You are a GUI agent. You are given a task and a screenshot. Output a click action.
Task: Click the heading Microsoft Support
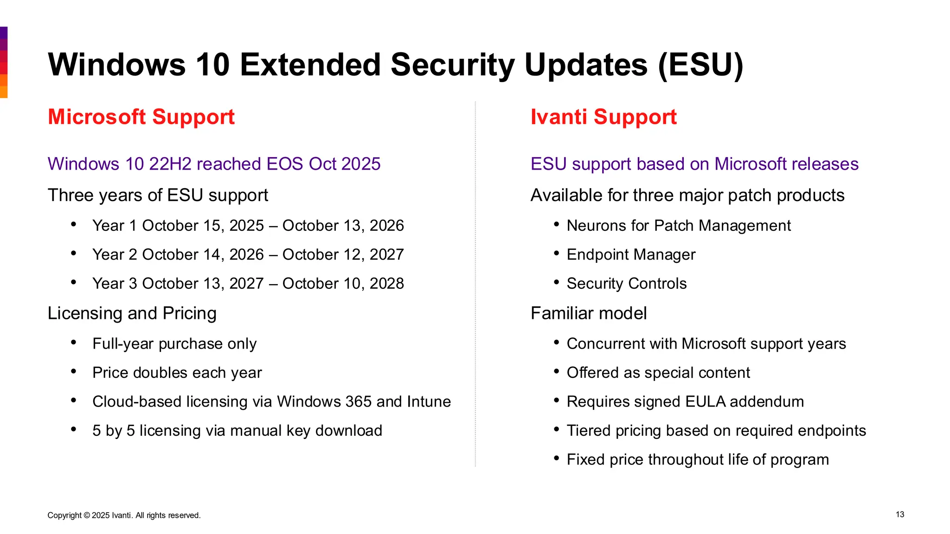point(141,117)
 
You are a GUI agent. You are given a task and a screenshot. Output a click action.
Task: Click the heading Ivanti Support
point(603,117)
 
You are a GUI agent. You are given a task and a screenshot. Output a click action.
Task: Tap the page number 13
point(900,515)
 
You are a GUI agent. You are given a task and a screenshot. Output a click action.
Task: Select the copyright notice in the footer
point(124,515)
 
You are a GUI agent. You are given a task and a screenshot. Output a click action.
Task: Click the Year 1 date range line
point(248,226)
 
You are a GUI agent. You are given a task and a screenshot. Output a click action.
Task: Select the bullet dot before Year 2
point(74,254)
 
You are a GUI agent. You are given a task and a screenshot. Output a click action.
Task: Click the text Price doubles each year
point(177,373)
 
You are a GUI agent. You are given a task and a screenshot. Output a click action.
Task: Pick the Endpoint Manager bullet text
point(631,254)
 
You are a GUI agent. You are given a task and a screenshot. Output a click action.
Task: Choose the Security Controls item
point(626,284)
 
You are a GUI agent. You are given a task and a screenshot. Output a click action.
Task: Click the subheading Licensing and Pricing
point(132,313)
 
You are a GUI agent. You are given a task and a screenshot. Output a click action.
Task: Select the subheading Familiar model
point(588,313)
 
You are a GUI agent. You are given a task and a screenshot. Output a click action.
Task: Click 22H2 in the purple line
point(170,164)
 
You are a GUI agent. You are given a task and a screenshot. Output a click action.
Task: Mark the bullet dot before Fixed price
point(557,458)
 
